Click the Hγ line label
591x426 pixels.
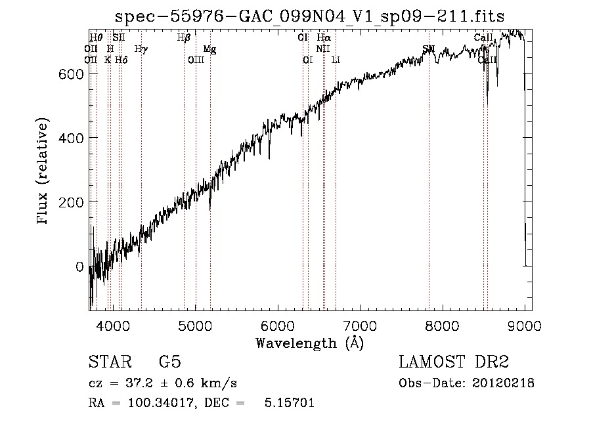[141, 49]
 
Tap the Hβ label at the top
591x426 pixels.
[184, 38]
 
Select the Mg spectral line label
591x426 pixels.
[209, 49]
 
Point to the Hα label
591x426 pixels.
[324, 38]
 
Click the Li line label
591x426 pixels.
[336, 60]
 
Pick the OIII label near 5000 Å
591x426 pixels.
[196, 60]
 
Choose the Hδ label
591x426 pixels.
[121, 60]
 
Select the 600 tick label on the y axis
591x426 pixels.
[71, 74]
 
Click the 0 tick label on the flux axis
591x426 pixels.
[79, 266]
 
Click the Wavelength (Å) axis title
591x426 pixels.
[309, 343]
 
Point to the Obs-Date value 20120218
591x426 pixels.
[503, 383]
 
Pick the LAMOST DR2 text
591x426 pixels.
[453, 363]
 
